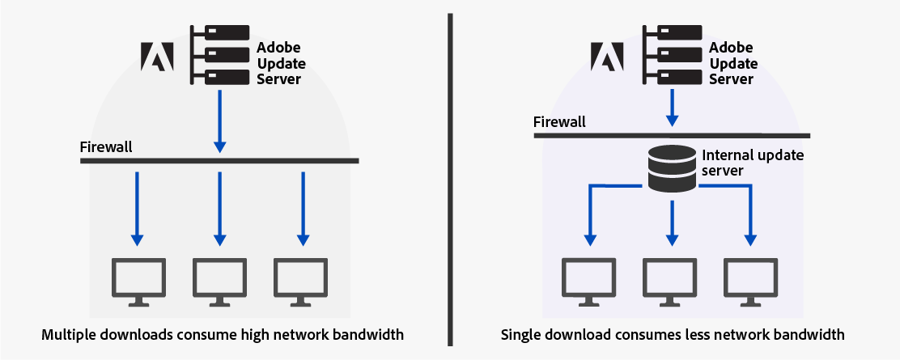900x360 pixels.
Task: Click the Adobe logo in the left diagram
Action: (158, 55)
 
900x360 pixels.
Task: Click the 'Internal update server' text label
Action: (752, 163)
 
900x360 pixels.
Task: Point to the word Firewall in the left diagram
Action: (106, 147)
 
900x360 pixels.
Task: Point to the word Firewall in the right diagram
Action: (559, 122)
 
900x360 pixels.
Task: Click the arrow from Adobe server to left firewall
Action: (219, 121)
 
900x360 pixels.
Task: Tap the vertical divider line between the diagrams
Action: (449, 178)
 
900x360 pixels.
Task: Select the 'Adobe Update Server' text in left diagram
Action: (279, 63)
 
